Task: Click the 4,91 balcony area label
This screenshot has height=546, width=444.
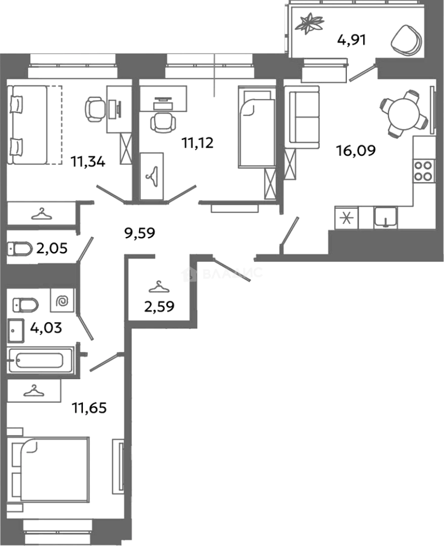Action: point(351,39)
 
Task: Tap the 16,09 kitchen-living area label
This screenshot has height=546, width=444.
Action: point(357,150)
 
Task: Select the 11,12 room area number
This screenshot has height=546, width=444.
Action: point(198,143)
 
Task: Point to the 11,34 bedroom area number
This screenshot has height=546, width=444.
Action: point(88,162)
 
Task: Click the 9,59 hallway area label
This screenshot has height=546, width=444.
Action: point(139,233)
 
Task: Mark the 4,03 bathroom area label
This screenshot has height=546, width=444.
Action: point(46,328)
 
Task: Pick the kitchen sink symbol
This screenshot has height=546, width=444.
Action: point(387,218)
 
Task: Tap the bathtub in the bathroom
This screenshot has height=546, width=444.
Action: point(39,361)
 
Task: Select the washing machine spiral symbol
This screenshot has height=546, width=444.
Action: point(63,302)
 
